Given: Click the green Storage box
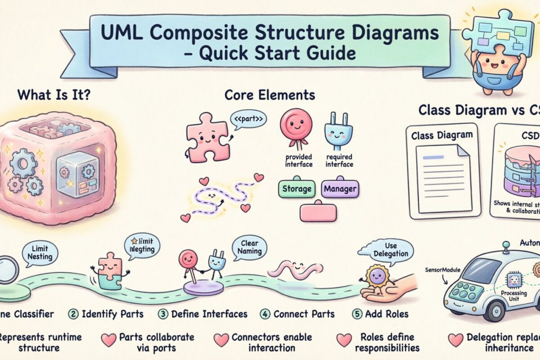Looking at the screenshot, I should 297,189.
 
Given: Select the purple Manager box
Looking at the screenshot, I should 340,189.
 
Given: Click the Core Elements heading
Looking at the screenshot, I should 270,95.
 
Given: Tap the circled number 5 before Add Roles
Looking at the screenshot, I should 356,314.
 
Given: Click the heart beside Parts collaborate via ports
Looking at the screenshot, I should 108,340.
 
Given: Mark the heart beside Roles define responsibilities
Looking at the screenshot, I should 345,340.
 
